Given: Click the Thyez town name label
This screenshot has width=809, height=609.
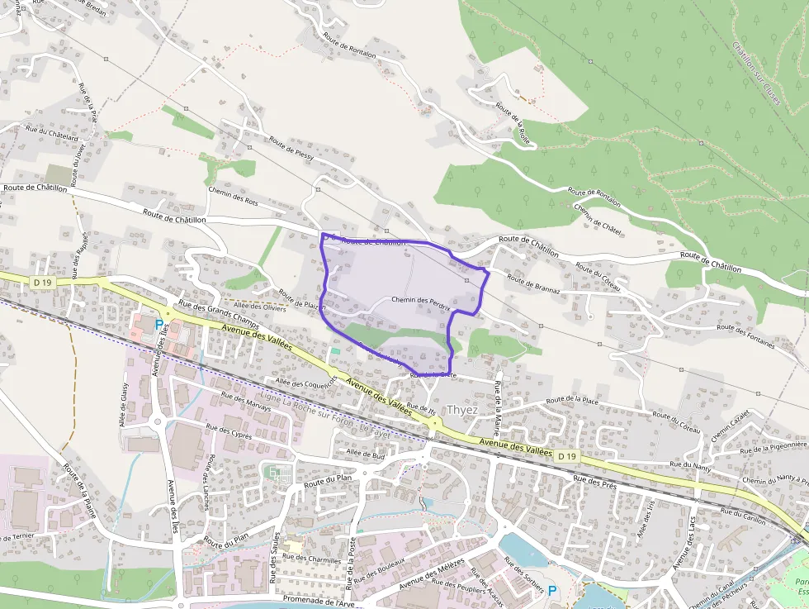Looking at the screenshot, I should pyautogui.click(x=461, y=410).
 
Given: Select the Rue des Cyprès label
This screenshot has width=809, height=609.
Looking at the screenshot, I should pyautogui.click(x=229, y=431).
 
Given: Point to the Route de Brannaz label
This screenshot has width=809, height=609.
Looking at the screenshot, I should pyautogui.click(x=533, y=285).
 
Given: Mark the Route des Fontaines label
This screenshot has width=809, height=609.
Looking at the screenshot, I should pyautogui.click(x=746, y=334).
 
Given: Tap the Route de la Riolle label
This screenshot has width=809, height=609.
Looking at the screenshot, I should pyautogui.click(x=513, y=121).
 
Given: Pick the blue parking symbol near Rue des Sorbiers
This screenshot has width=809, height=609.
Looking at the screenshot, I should pyautogui.click(x=552, y=590).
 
